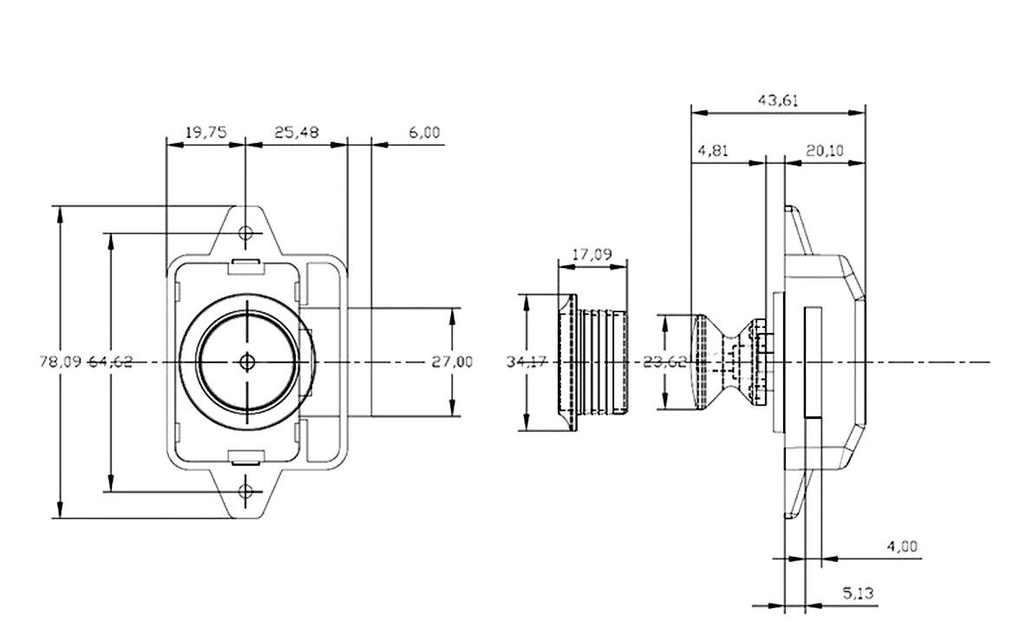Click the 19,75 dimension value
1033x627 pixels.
(206, 133)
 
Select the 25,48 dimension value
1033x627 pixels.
(297, 133)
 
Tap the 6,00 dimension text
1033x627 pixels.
(424, 133)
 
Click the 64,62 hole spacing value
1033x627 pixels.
(111, 362)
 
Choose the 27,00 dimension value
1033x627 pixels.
(452, 362)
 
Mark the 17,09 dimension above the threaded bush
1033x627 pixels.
(592, 254)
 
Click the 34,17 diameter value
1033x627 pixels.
(527, 362)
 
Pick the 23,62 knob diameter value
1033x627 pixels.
(664, 362)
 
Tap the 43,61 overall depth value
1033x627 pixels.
(778, 100)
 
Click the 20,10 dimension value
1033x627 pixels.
(825, 151)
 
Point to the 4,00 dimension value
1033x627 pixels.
(902, 546)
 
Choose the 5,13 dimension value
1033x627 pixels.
(859, 593)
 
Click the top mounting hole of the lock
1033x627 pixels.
(245, 232)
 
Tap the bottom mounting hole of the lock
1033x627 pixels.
(245, 492)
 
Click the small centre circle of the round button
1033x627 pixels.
(247, 362)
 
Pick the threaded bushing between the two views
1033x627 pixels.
(592, 362)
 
